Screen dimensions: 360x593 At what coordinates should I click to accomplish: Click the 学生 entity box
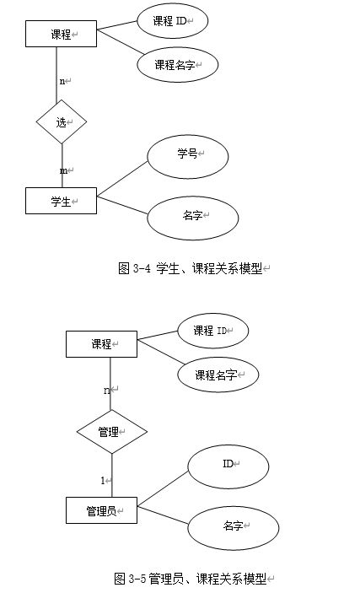click(61, 201)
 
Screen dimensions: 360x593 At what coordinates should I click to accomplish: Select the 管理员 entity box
click(101, 510)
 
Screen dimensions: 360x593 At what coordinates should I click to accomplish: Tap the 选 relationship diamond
click(62, 121)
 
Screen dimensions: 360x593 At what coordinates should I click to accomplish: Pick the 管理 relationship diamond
click(112, 432)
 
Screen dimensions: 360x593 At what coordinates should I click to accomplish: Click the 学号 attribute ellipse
click(188, 157)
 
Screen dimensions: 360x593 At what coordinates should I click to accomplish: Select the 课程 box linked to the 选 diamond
click(61, 34)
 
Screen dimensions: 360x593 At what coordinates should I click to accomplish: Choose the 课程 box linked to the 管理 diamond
click(101, 344)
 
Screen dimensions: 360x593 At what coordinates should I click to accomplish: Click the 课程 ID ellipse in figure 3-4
click(173, 21)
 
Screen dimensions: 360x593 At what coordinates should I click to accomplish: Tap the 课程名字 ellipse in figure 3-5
click(218, 375)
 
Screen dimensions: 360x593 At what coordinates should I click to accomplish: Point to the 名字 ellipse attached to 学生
click(193, 218)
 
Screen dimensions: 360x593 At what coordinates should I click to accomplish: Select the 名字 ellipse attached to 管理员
click(234, 528)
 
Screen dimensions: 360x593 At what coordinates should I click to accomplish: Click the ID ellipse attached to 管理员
click(228, 466)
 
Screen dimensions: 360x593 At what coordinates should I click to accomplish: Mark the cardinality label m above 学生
click(63, 171)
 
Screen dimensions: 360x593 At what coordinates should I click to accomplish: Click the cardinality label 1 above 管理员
click(103, 480)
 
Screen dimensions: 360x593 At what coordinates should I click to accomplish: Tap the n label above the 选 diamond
click(62, 81)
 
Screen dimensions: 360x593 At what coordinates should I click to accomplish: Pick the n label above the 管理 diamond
click(106, 390)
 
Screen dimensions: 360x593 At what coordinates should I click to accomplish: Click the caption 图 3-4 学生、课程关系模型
click(191, 268)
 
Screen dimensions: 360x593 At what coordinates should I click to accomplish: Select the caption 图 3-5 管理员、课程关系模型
click(191, 579)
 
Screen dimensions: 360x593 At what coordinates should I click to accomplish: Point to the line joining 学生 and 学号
click(122, 179)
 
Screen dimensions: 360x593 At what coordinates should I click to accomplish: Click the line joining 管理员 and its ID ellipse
click(163, 488)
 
